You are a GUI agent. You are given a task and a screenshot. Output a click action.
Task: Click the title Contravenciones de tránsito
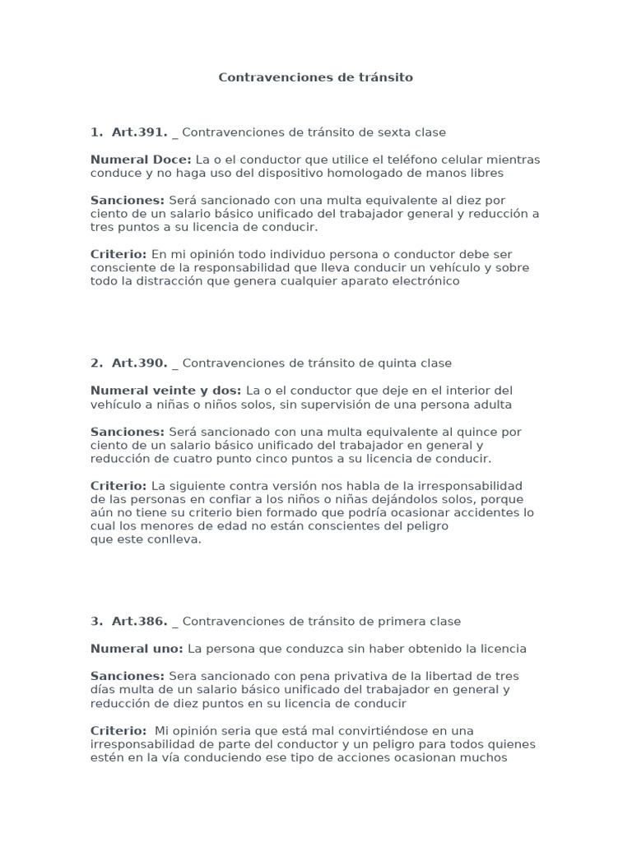(316, 77)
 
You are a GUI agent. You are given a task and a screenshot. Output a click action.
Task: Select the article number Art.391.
(139, 132)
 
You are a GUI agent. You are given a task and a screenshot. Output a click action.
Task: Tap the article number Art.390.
(139, 363)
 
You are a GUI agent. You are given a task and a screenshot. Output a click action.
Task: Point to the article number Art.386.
(139, 622)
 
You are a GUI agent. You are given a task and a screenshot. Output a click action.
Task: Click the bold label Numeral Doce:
(141, 160)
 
